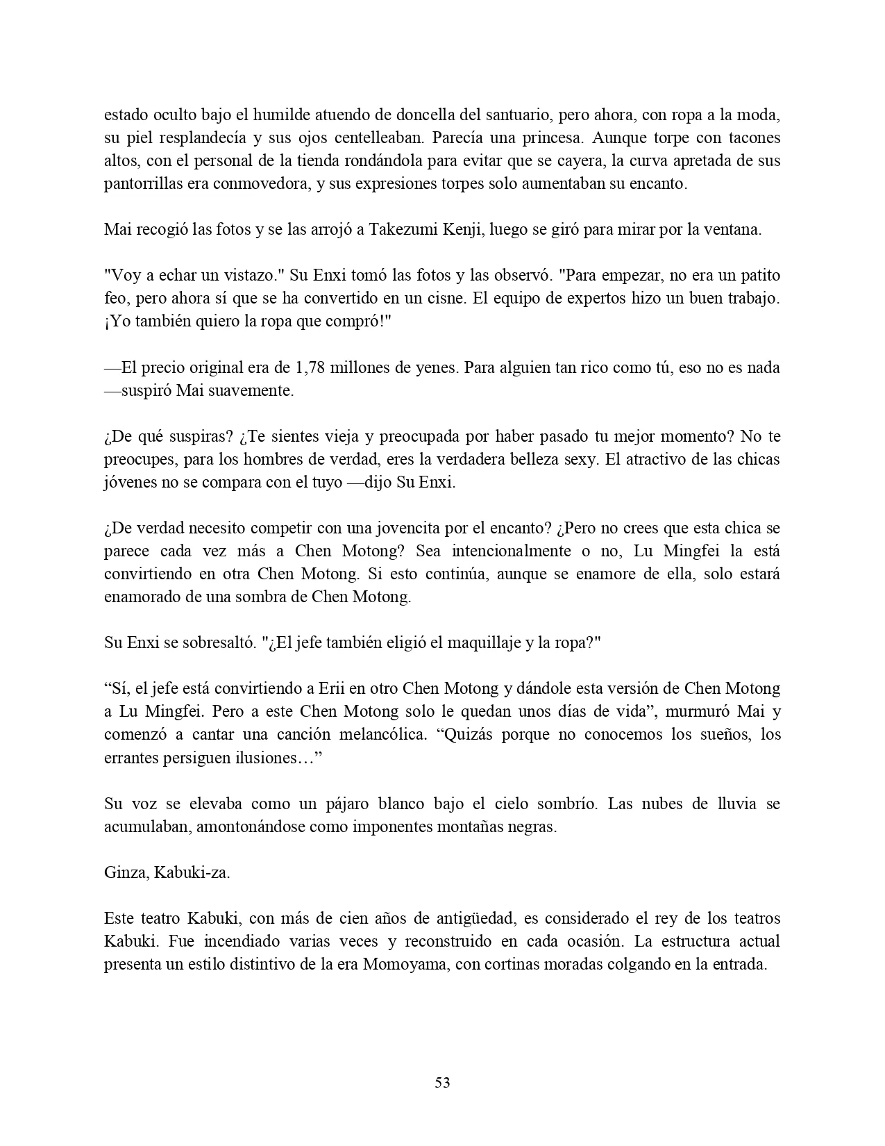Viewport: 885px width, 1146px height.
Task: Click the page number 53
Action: (x=442, y=1082)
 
